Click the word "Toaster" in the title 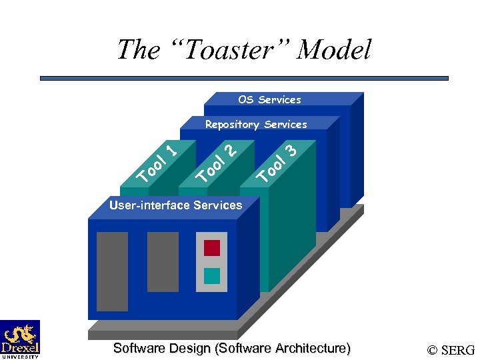point(225,49)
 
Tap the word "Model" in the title point(335,49)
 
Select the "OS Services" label point(269,100)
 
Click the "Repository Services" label point(256,125)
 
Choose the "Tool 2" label point(217,163)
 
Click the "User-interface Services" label point(176,205)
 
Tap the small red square point(211,248)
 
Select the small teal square point(211,275)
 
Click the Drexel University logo point(20,339)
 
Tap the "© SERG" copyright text point(451,350)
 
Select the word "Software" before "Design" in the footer point(140,348)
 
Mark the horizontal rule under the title point(244,78)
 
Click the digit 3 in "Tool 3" point(290,149)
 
